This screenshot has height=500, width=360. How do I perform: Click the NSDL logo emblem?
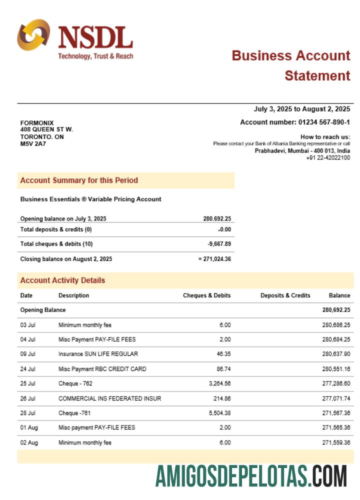coord(33,35)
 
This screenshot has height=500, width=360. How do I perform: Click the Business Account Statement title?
coord(291,65)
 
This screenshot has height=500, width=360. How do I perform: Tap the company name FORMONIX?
coord(37,123)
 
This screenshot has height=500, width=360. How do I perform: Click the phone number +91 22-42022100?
coord(328,158)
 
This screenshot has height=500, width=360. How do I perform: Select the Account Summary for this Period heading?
coord(79,180)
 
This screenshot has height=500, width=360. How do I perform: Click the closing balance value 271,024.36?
coord(216,259)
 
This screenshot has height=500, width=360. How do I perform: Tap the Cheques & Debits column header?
coord(206,295)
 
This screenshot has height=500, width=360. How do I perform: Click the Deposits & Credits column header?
coord(285,295)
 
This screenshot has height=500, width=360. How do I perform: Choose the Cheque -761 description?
coord(74,413)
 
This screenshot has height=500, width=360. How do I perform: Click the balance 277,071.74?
coord(336,398)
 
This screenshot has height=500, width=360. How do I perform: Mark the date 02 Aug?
coord(28,442)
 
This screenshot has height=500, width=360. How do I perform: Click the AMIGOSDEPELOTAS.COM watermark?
coord(251,476)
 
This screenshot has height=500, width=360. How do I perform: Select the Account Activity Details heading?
coord(62,280)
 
